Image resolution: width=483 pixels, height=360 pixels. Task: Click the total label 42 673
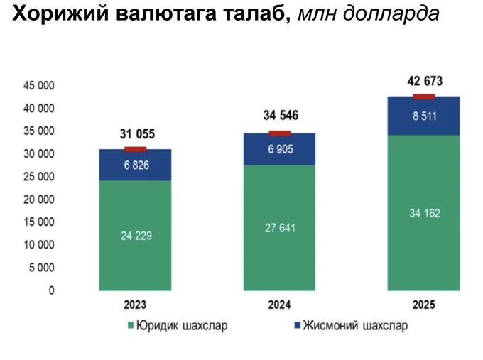click(425, 81)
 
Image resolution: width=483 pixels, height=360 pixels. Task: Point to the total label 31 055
click(135, 134)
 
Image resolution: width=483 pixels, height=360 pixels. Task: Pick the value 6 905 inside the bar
click(280, 149)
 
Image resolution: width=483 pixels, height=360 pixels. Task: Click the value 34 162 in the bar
click(424, 212)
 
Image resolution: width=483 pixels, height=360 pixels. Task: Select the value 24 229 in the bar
click(135, 236)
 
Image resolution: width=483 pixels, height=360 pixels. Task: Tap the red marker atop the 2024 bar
click(280, 133)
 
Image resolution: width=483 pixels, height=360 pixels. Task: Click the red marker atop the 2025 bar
click(424, 97)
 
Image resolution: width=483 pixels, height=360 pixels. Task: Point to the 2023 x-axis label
click(135, 305)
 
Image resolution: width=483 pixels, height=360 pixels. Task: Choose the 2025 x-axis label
click(424, 305)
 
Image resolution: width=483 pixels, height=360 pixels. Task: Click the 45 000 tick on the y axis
click(61, 86)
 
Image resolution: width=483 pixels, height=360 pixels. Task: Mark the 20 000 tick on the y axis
click(61, 200)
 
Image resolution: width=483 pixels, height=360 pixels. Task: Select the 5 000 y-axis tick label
click(63, 268)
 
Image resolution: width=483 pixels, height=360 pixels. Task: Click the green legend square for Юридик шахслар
click(131, 327)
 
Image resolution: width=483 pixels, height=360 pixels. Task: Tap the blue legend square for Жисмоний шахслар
click(295, 327)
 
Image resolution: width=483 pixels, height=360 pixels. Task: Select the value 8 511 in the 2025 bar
click(424, 116)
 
